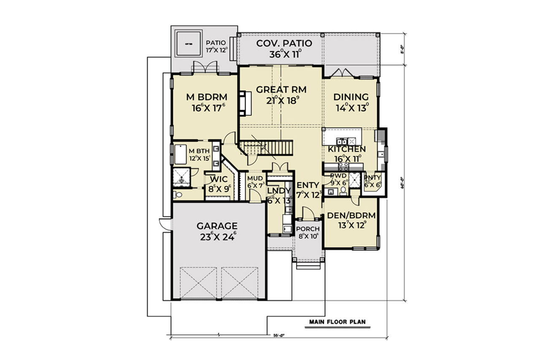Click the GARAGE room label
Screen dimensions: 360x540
click(217, 226)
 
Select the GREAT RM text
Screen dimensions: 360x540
click(281, 89)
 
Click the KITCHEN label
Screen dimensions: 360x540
click(347, 149)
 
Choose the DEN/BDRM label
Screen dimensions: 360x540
click(351, 216)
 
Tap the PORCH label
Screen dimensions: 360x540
click(308, 229)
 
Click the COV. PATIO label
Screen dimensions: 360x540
click(284, 43)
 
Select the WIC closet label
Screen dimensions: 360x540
click(219, 179)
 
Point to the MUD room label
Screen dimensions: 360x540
click(255, 178)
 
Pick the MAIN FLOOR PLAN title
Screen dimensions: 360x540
click(337, 322)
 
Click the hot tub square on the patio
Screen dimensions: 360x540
click(187, 43)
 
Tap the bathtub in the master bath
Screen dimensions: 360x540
click(180, 154)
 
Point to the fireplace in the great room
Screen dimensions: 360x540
click(243, 103)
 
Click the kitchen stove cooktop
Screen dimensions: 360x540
click(343, 167)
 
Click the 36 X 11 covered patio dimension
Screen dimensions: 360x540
click(284, 54)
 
